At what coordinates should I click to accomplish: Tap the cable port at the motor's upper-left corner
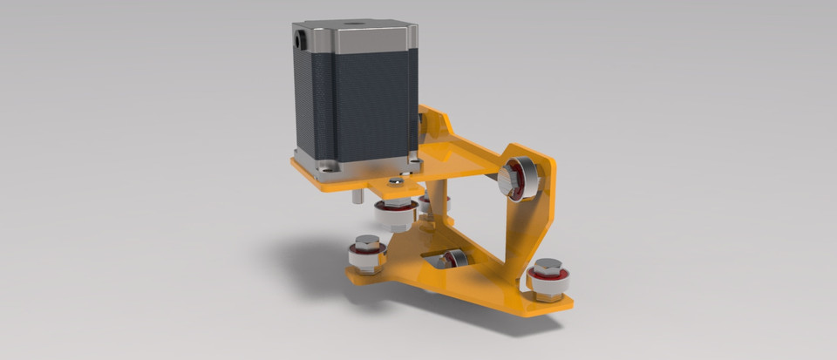tap(301, 38)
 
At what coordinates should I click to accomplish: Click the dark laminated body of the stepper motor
tap(353, 105)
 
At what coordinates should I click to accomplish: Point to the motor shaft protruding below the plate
tap(357, 196)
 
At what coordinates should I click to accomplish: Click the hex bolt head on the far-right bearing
tap(548, 265)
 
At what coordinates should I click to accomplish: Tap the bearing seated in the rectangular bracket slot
tap(454, 258)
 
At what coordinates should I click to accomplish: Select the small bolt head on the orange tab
tap(396, 182)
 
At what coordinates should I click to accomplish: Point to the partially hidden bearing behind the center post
tap(425, 205)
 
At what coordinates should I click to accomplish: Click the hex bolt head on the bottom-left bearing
tap(367, 241)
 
